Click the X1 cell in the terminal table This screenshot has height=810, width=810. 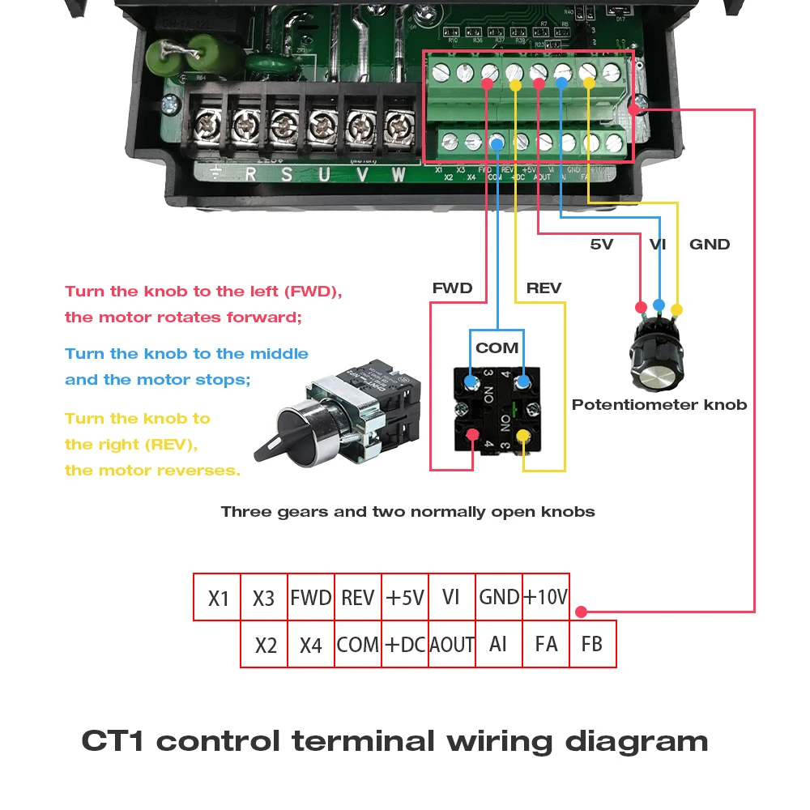[218, 598]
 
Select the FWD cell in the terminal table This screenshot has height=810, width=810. [311, 598]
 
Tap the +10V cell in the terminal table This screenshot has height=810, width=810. [545, 598]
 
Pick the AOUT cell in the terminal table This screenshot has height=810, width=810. [451, 645]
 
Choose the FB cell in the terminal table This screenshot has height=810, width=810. [592, 645]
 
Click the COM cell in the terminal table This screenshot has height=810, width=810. [358, 645]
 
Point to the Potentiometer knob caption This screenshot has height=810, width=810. [659, 404]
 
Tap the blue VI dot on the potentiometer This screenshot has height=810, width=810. [659, 305]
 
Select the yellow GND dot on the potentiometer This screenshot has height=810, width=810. [677, 309]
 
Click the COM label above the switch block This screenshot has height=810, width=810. [497, 347]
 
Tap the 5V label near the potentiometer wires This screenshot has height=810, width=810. [602, 244]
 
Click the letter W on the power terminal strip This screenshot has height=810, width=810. [397, 173]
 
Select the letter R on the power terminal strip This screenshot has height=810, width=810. [251, 173]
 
